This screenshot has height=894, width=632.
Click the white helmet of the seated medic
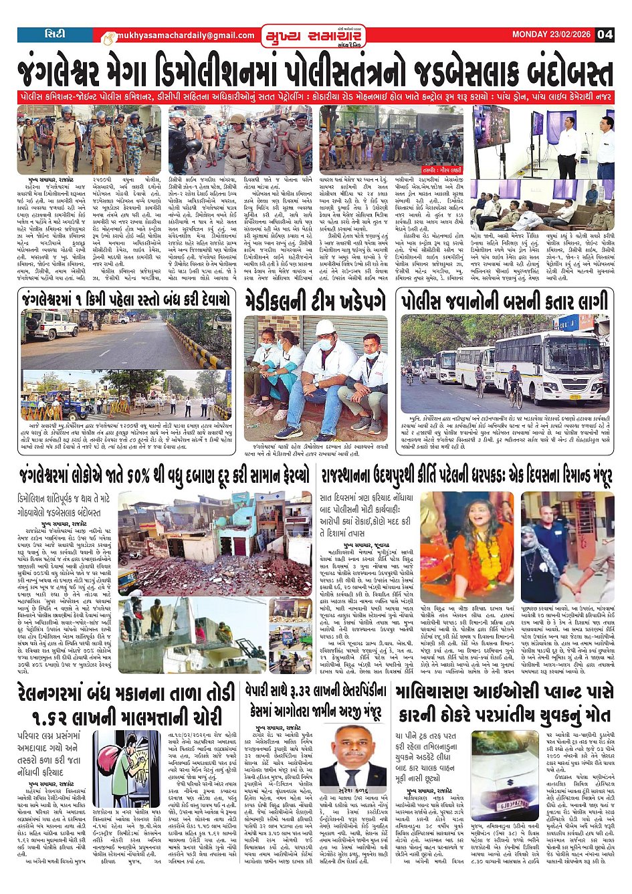pyautogui.click(x=326, y=328)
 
